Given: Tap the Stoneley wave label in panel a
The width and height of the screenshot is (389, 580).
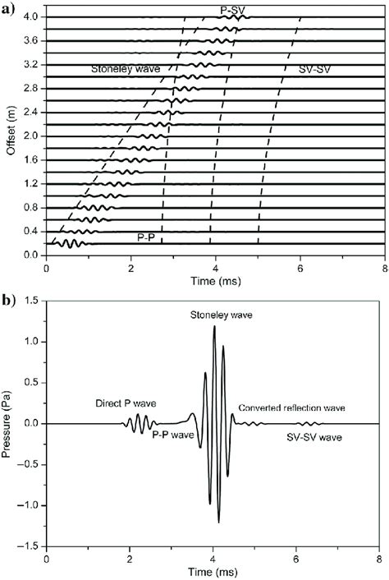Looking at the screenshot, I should coord(126,71).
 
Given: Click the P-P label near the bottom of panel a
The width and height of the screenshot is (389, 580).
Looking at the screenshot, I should coord(147,237).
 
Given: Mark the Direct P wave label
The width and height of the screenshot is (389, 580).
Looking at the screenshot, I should coord(125,403).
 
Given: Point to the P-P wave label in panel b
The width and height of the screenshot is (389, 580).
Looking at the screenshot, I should coord(173,434).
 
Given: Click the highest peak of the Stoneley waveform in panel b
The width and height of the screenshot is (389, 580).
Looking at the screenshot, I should coord(214,326).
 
